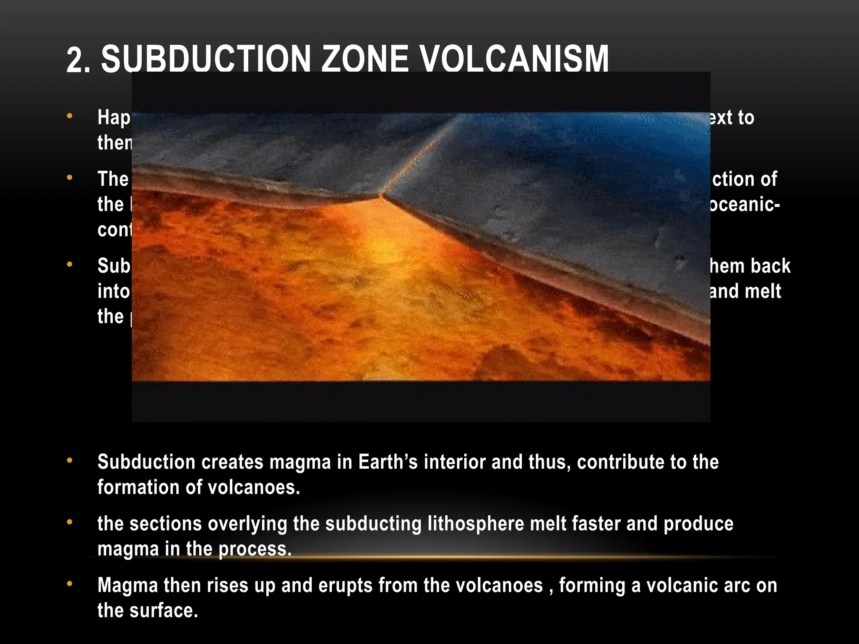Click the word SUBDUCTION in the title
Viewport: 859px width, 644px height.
206,60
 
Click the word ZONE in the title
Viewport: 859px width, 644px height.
364,60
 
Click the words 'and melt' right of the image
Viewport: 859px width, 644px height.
745,291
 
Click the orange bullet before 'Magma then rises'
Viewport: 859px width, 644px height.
70,584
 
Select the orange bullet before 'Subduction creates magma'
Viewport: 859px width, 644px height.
70,460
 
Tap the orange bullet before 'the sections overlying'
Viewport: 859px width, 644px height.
70,522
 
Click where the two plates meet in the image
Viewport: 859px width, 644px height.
382,195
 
